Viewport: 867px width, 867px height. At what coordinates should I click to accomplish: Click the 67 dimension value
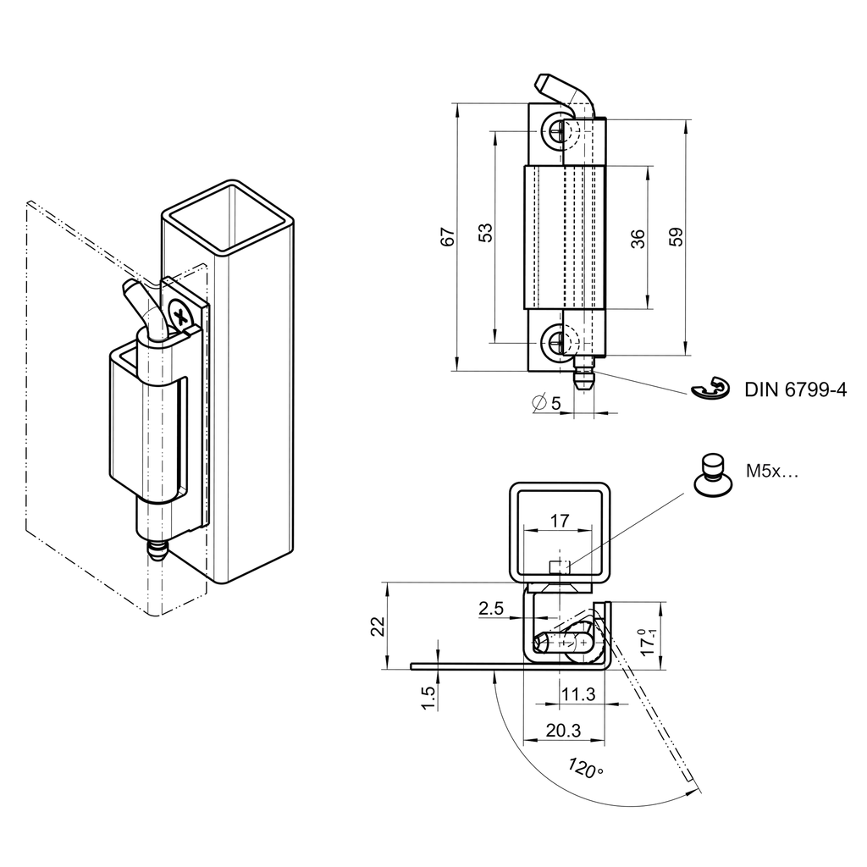(450, 237)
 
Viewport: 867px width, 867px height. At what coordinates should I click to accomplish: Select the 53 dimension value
(485, 234)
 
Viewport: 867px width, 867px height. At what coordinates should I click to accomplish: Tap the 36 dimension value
(639, 238)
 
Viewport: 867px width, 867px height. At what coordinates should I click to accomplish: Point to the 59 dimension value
(676, 238)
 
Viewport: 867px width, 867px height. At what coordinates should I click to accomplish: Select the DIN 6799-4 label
(795, 390)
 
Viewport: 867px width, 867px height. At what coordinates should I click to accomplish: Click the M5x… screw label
(772, 473)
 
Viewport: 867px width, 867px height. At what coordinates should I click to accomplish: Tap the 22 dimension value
(378, 626)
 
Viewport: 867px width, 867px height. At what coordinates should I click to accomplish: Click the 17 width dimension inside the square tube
(559, 521)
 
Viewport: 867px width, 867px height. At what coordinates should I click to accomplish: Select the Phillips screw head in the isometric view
(180, 317)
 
